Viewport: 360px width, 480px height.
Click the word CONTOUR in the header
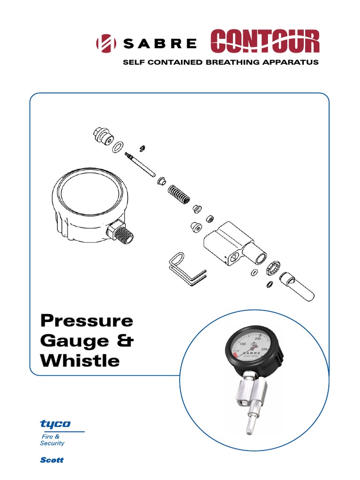(265, 41)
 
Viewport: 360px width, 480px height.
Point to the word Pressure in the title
(87, 321)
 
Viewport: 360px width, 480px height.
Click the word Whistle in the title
(80, 360)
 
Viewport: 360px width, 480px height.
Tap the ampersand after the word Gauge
(124, 341)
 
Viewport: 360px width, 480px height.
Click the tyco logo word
(55, 424)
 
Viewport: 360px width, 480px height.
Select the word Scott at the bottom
(52, 460)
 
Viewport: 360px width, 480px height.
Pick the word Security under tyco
(52, 443)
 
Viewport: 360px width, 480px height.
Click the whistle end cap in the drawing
(296, 287)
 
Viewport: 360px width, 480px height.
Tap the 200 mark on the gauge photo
(257, 339)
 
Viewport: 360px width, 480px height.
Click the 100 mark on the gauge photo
(242, 345)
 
